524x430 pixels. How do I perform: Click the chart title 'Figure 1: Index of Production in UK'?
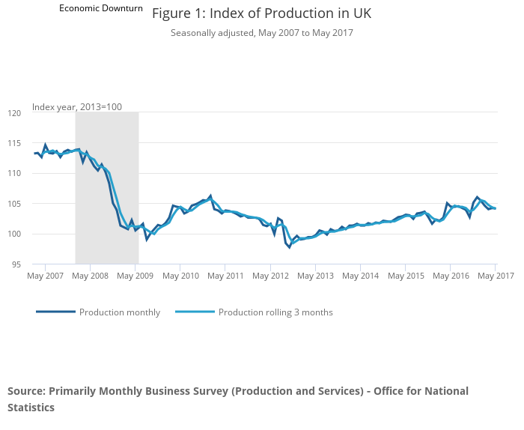261,13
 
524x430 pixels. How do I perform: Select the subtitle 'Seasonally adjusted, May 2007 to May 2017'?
261,33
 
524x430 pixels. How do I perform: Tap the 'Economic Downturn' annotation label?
101,8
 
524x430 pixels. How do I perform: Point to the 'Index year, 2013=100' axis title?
77,107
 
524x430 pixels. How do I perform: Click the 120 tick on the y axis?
15,113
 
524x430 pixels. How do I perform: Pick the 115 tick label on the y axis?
15,143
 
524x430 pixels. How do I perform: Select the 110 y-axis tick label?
15,173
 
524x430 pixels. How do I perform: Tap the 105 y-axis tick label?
15,204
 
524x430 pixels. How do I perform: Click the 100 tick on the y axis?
15,234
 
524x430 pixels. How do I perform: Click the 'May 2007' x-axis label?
45,276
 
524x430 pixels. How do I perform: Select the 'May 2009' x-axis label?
135,276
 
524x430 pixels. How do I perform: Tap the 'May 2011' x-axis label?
225,276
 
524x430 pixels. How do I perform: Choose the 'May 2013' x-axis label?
315,276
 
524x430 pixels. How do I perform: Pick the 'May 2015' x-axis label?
405,276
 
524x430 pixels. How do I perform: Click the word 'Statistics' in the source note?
31,408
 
